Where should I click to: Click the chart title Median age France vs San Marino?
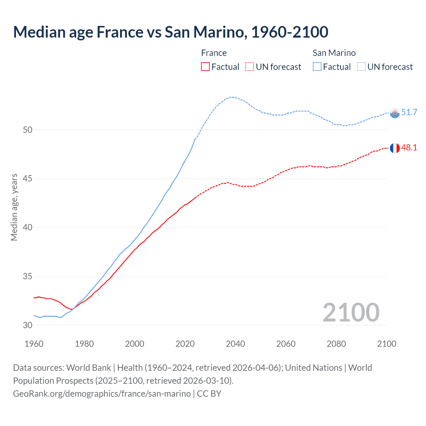pos(171,32)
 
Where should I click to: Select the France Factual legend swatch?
pos(205,67)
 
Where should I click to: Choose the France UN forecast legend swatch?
pos(250,67)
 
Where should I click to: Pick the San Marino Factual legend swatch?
pos(317,67)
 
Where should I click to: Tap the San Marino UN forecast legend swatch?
pos(361,67)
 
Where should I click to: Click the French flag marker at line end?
pos(395,148)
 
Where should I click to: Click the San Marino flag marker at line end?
pos(395,113)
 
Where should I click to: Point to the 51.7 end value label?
pos(409,112)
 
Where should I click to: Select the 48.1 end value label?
pos(409,148)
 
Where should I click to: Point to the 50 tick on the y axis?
pos(28,130)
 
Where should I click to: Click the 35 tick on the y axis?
pos(28,277)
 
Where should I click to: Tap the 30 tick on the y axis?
pos(28,325)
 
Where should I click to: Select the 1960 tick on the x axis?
pos(34,344)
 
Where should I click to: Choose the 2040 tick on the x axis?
pos(236,344)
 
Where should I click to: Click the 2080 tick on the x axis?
pos(336,344)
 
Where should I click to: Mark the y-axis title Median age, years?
pos(14,207)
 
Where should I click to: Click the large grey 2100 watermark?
pos(351,313)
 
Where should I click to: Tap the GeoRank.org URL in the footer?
pos(102,394)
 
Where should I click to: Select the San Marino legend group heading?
pos(334,53)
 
